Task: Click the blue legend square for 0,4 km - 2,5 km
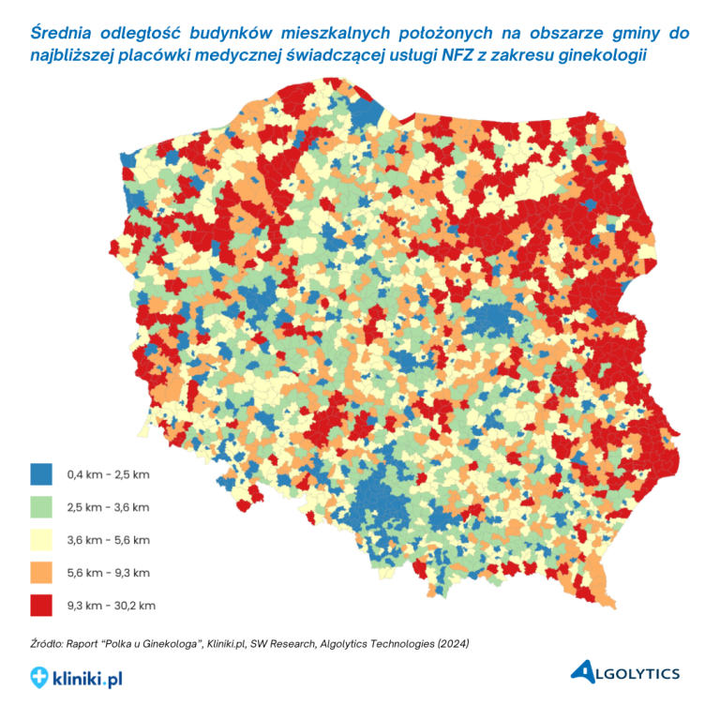tap(41, 474)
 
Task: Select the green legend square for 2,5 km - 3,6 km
tap(41, 507)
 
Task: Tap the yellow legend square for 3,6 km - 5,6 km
tap(41, 540)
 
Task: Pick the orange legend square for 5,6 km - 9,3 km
tap(41, 572)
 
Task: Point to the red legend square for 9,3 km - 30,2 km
tap(41, 605)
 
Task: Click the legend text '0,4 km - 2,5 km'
tap(108, 474)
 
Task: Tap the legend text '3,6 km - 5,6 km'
tap(109, 540)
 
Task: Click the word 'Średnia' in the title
tap(67, 33)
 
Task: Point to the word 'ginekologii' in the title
tap(601, 55)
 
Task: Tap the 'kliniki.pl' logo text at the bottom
tap(88, 677)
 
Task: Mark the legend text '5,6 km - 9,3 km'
tap(109, 572)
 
